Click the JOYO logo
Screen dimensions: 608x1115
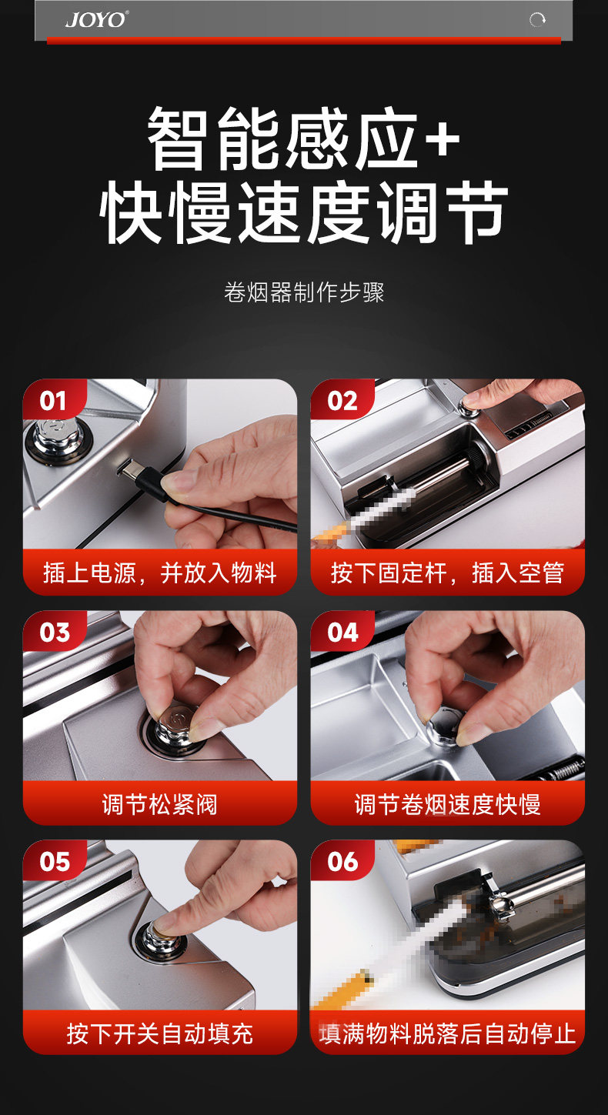pyautogui.click(x=97, y=20)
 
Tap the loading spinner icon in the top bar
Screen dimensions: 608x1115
pyautogui.click(x=537, y=20)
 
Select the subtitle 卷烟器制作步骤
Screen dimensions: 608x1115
pyautogui.click(x=304, y=292)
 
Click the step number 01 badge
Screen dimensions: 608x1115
pyautogui.click(x=53, y=401)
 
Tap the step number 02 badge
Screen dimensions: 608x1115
pyautogui.click(x=342, y=401)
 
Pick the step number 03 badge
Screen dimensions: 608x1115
pyautogui.click(x=55, y=633)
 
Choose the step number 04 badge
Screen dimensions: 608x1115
pyautogui.click(x=342, y=633)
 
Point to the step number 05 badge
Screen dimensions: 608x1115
pyautogui.click(x=55, y=862)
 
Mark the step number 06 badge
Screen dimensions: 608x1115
pyautogui.click(x=342, y=862)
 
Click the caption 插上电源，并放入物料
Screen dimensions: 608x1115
pyautogui.click(x=160, y=573)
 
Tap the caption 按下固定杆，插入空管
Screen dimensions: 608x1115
pyautogui.click(x=447, y=573)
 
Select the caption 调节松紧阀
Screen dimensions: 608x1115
pyautogui.click(x=160, y=804)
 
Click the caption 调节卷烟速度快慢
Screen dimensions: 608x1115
pyautogui.click(x=447, y=804)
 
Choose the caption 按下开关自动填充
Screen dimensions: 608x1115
pyautogui.click(x=160, y=1034)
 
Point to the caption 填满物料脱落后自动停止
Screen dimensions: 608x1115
pyautogui.click(x=447, y=1034)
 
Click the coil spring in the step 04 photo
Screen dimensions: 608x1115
pyautogui.click(x=565, y=769)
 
